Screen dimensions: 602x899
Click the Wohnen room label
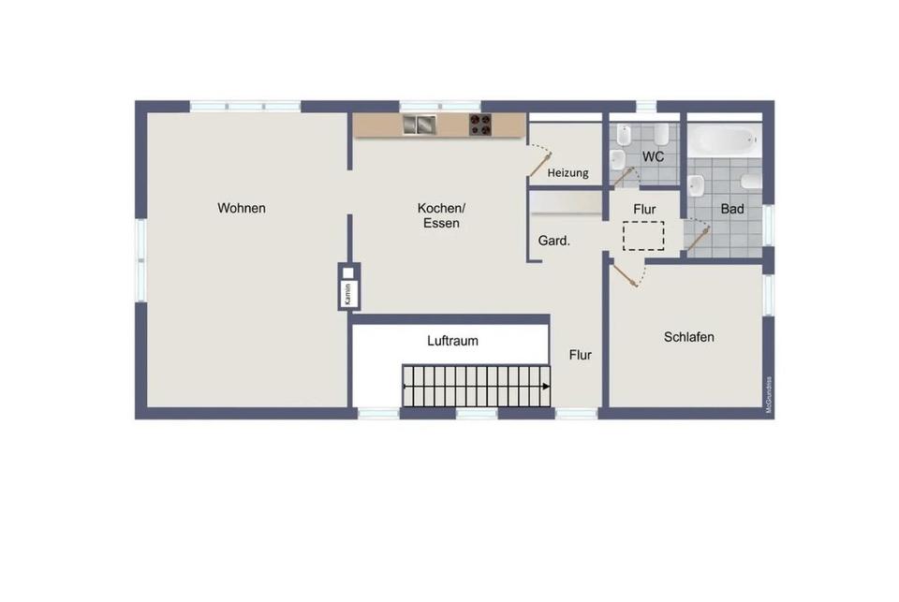coord(242,208)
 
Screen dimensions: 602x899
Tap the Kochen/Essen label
coord(441,215)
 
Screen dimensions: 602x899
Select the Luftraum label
coord(452,341)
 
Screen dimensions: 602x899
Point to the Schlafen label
coord(688,337)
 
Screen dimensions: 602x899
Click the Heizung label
coord(568,173)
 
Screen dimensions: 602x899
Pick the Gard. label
coord(554,241)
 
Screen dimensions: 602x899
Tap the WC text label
coord(654,156)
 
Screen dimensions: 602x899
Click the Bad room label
coord(732,209)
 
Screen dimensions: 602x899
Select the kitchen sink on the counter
coord(420,125)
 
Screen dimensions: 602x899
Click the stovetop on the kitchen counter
coord(480,125)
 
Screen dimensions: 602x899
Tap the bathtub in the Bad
coord(724,140)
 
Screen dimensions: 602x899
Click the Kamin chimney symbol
coord(347,286)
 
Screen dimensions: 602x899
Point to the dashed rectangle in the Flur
coord(643,236)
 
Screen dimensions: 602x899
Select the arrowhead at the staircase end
coord(544,386)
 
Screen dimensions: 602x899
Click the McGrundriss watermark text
coord(769,394)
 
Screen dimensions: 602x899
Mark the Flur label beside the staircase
coord(581,355)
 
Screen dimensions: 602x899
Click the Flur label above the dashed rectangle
coord(644,209)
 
